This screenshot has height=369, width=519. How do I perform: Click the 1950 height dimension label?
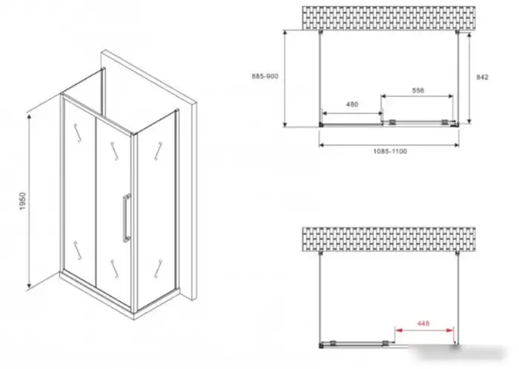[x=22, y=202]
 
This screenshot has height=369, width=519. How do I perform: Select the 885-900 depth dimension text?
[x=265, y=76]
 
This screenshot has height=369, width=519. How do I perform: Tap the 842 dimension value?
[x=482, y=77]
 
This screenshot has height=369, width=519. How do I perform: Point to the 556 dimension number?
[x=418, y=90]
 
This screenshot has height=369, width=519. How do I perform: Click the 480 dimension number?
[x=352, y=104]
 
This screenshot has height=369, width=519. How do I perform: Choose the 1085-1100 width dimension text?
[x=390, y=151]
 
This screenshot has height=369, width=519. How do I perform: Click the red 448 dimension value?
[x=423, y=323]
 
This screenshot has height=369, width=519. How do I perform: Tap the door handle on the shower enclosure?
[x=127, y=218]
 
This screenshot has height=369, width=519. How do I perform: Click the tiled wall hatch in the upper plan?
[x=389, y=18]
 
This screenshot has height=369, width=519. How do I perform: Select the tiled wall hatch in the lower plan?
[x=389, y=239]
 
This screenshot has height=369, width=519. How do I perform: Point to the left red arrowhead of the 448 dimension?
[x=399, y=330]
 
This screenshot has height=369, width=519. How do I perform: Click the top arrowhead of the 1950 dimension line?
[x=29, y=117]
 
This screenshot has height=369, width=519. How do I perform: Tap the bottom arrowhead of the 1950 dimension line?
[x=29, y=285]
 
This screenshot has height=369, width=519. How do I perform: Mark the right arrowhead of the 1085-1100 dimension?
[x=457, y=144]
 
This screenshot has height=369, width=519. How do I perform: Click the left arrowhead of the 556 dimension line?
[x=384, y=96]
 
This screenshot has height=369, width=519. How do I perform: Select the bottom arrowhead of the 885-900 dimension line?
[x=285, y=124]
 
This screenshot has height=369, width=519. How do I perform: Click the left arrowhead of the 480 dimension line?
[x=325, y=113]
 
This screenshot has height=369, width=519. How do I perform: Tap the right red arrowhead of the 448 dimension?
[x=450, y=330]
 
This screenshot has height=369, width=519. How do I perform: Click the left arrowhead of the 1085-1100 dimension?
[x=322, y=144]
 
